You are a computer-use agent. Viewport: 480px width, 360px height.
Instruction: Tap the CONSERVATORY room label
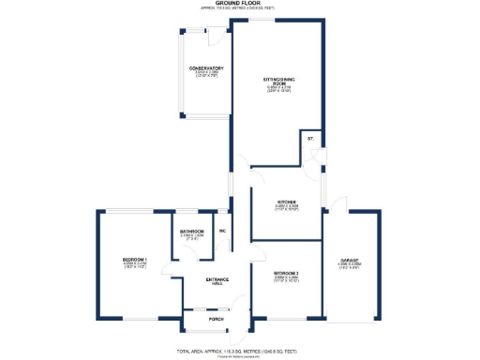coord(206,68)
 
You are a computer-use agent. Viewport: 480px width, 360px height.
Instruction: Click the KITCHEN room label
coord(287,202)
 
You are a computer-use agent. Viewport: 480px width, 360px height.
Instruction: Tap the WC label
coord(223,231)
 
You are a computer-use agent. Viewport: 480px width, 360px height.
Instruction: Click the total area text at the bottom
coord(240,348)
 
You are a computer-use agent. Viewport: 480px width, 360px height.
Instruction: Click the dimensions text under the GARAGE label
coord(350,268)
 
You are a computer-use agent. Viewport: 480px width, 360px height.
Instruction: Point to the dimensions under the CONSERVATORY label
coord(206,75)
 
